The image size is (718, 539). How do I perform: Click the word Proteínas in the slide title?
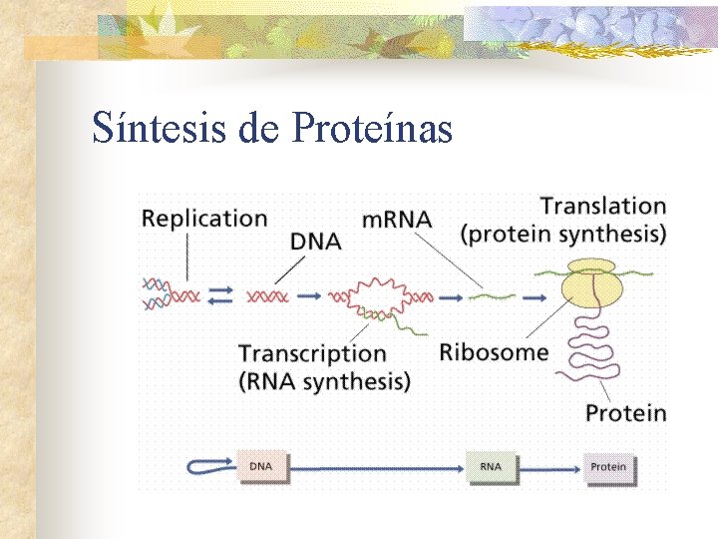[373, 128]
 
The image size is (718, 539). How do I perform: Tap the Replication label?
[204, 218]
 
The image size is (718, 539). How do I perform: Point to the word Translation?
[602, 207]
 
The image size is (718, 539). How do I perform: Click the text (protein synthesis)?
[563, 236]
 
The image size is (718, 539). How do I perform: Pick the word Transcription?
[312, 352]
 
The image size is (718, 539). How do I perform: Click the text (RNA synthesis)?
[324, 380]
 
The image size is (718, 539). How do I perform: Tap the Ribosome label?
[494, 351]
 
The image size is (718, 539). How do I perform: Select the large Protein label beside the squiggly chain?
[625, 412]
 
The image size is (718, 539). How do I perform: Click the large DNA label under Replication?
[316, 241]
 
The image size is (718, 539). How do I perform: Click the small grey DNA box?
[261, 466]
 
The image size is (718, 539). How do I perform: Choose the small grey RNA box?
[491, 466]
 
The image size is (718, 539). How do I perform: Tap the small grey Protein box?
[608, 466]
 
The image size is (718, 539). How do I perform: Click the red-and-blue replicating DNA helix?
[171, 294]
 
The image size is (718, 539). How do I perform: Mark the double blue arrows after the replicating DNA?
[222, 295]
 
